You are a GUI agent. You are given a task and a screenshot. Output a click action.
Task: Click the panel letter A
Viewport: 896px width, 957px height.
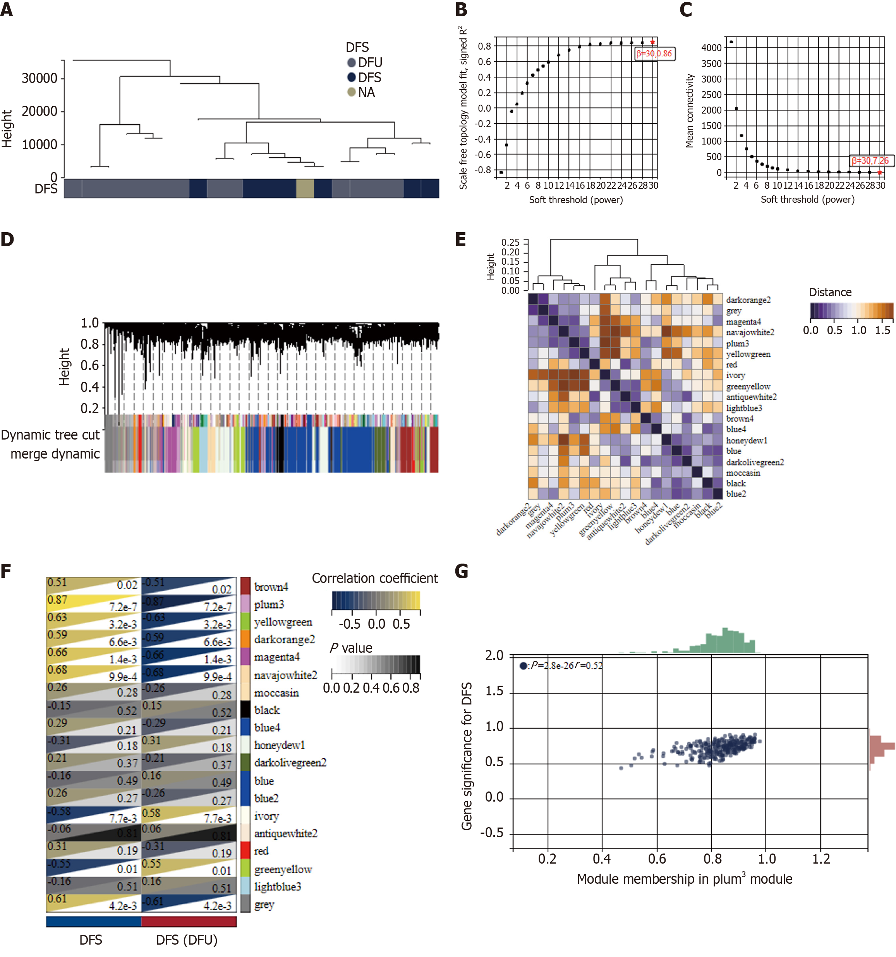[x=7, y=10]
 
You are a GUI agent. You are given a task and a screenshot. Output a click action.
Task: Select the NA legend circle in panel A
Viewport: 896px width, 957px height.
[x=352, y=92]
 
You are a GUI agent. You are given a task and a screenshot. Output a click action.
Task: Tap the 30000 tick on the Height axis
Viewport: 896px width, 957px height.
[x=39, y=78]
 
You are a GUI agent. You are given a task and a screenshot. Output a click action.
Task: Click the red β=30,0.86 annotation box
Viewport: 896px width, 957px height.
[x=654, y=53]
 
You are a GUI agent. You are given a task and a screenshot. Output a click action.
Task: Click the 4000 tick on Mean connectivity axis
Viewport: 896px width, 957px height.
[x=711, y=48]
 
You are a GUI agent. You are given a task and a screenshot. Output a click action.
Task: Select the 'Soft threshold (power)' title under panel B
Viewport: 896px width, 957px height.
[x=576, y=200]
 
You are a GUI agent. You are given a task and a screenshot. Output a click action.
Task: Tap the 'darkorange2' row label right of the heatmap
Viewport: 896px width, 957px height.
[x=748, y=300]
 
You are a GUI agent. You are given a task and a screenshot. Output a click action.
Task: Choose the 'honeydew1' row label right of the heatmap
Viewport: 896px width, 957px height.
[x=747, y=440]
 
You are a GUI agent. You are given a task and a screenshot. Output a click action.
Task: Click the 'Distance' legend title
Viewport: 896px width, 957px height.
[x=830, y=292]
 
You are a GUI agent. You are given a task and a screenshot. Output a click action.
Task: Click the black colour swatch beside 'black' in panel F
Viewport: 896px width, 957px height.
[x=245, y=710]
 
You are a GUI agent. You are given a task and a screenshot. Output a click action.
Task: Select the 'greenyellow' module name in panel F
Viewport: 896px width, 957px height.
[x=283, y=869]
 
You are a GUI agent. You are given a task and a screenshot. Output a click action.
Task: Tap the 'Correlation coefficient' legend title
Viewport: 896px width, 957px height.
[x=375, y=578]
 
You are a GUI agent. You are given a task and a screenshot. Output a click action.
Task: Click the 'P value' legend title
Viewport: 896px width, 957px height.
[x=351, y=648]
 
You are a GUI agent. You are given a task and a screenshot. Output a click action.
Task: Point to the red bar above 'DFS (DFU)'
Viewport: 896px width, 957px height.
[x=189, y=921]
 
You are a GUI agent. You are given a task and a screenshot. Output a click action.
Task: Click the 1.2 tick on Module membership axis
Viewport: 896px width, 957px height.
[x=821, y=859]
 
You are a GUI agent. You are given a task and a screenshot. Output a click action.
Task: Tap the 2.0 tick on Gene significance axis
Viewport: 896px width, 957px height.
[x=494, y=656]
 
